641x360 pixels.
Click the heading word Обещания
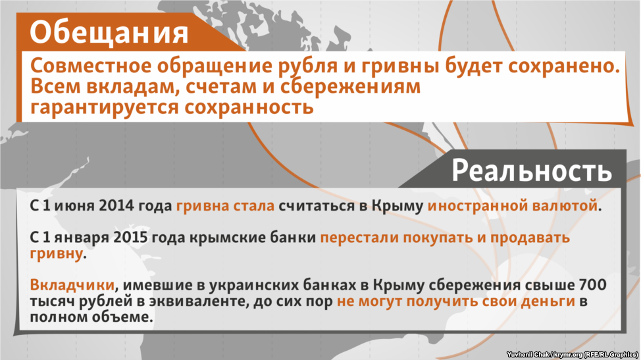tap(109, 33)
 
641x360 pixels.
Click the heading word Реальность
tap(532, 170)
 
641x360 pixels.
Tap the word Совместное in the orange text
tap(91, 66)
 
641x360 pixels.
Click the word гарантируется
tap(105, 108)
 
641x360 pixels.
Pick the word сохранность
tap(249, 108)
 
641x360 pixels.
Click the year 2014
tap(116, 205)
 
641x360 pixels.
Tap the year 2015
tap(130, 238)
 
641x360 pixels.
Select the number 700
tap(593, 285)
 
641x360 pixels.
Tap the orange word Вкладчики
tap(72, 285)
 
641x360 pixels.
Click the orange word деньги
tap(549, 301)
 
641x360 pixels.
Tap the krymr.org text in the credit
tap(568, 355)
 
